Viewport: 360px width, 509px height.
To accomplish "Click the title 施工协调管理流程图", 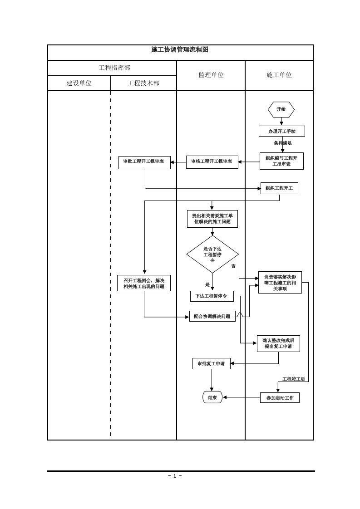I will pyautogui.click(x=180, y=50).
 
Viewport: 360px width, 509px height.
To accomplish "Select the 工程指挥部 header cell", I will pyautogui.click(x=114, y=68).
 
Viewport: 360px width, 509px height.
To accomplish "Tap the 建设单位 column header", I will pyautogui.click(x=79, y=83).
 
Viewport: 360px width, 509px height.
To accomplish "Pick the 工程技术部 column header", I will pyautogui.click(x=143, y=83).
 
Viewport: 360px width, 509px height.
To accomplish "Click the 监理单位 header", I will pyautogui.click(x=211, y=75).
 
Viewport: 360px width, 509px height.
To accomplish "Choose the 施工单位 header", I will pyautogui.click(x=279, y=75).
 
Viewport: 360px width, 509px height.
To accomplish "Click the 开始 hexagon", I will pyautogui.click(x=281, y=109).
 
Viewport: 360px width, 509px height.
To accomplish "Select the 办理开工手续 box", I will pyautogui.click(x=281, y=131).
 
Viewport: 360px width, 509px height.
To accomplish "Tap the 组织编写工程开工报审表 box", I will pyautogui.click(x=281, y=161).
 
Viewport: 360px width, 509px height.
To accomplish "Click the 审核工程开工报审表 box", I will pyautogui.click(x=212, y=162).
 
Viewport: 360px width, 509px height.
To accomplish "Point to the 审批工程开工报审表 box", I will pyautogui.click(x=144, y=162).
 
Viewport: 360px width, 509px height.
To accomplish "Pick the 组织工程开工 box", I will pyautogui.click(x=279, y=188).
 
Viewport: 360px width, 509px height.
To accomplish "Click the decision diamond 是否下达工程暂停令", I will pyautogui.click(x=212, y=254).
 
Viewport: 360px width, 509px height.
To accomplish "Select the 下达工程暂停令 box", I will pyautogui.click(x=212, y=296).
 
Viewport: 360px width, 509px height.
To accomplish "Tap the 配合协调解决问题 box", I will pyautogui.click(x=212, y=316).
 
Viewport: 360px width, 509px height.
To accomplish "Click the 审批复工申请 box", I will pyautogui.click(x=211, y=363).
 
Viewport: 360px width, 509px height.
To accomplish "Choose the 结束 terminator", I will pyautogui.click(x=212, y=397).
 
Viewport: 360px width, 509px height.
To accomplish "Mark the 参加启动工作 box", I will pyautogui.click(x=280, y=398).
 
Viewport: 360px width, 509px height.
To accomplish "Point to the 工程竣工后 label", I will pyautogui.click(x=293, y=379).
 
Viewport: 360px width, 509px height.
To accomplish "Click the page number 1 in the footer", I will pyautogui.click(x=174, y=475).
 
